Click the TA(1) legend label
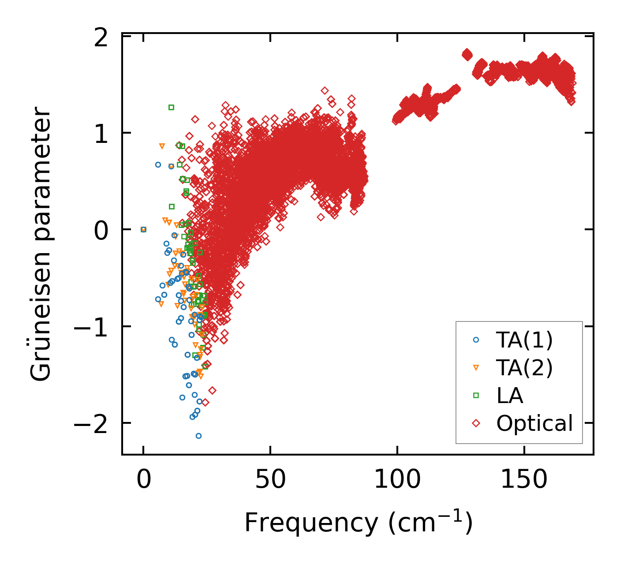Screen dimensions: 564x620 point(524,340)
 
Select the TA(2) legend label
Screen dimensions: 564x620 point(524,368)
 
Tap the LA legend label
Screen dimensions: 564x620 point(509,396)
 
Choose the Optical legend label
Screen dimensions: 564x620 point(534,423)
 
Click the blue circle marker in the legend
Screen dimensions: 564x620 point(476,340)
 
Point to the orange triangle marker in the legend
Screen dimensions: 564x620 point(476,367)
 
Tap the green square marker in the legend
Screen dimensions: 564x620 point(476,396)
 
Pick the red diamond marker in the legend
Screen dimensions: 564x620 point(476,423)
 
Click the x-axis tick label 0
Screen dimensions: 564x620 point(143,479)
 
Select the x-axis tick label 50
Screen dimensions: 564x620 point(270,479)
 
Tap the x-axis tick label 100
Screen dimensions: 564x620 point(397,479)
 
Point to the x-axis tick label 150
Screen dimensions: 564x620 point(524,479)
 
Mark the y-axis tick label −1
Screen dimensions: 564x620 point(90,328)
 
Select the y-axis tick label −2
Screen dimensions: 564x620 point(90,425)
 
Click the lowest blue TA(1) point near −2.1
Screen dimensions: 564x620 point(198,436)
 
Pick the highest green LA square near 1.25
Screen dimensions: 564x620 point(171,107)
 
